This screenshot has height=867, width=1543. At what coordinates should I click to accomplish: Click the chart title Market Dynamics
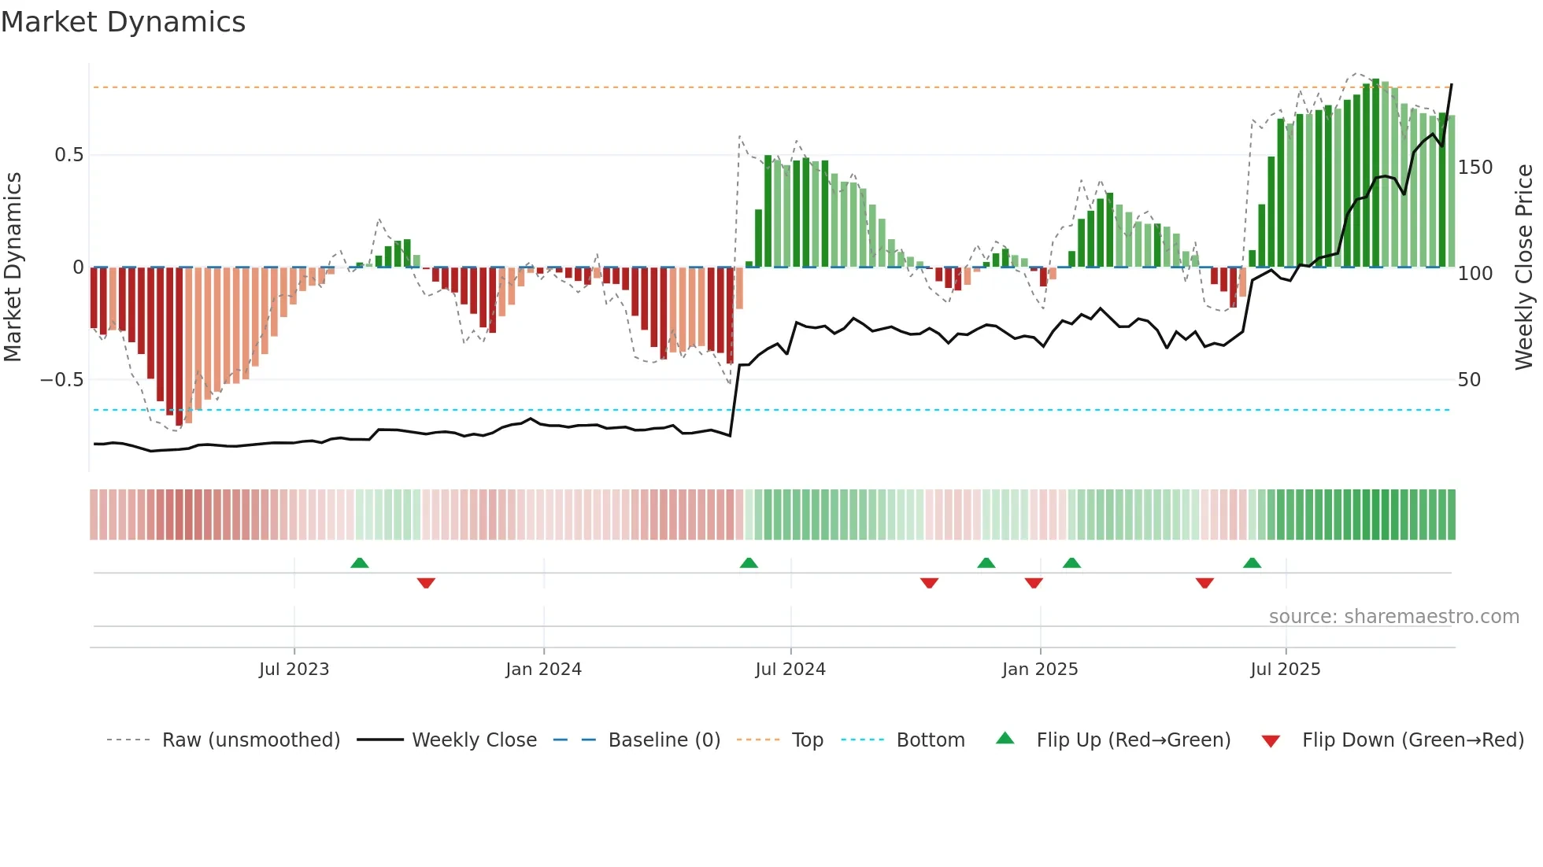coord(124,22)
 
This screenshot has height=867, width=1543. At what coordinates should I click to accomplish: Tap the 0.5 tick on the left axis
coord(68,155)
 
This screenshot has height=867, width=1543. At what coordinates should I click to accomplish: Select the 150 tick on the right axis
coord(1475,168)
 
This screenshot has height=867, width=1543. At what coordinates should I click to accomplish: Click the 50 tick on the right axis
coord(1469,380)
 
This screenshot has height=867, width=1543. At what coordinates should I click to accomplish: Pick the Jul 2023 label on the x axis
coord(294,670)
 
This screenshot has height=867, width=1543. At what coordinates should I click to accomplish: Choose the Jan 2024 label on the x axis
coord(543,670)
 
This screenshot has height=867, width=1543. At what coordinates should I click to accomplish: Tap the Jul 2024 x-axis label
coord(790,670)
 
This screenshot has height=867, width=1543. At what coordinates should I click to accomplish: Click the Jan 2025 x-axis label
coord(1040,670)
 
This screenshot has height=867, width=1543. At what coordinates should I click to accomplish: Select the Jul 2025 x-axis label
coord(1286,670)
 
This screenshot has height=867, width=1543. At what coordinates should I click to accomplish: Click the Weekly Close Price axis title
coord(1524,267)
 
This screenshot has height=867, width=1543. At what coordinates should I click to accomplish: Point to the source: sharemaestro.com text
coord(1393,617)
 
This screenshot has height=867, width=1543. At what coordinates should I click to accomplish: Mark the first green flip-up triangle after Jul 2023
coord(359,563)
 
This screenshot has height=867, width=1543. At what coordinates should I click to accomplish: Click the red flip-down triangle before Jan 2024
coord(426,583)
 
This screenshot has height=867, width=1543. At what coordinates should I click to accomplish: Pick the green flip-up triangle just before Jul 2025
coord(1252,563)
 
